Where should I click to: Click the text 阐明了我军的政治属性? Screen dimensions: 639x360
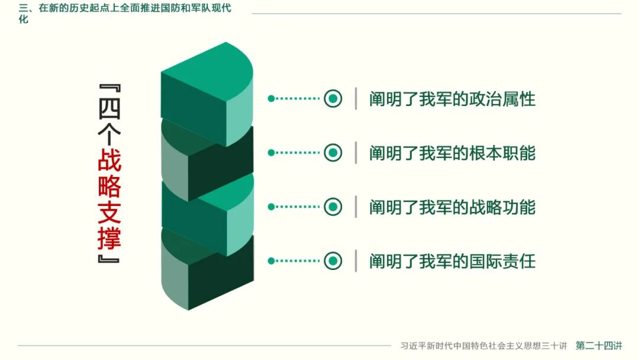[452, 99]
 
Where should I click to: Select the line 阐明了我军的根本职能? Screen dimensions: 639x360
[452, 153]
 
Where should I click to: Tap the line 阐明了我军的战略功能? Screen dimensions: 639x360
[452, 207]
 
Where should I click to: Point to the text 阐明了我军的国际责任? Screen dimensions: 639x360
[452, 261]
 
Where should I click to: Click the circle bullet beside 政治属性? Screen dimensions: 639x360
[333, 98]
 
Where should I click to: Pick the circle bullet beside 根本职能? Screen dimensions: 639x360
[333, 153]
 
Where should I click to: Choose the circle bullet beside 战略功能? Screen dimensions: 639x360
[333, 207]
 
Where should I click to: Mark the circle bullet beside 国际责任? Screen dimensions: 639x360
[333, 261]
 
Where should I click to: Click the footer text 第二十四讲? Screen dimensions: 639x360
[599, 345]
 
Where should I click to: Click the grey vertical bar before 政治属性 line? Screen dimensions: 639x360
[356, 98]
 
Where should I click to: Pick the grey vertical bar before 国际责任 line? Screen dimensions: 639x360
[356, 261]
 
